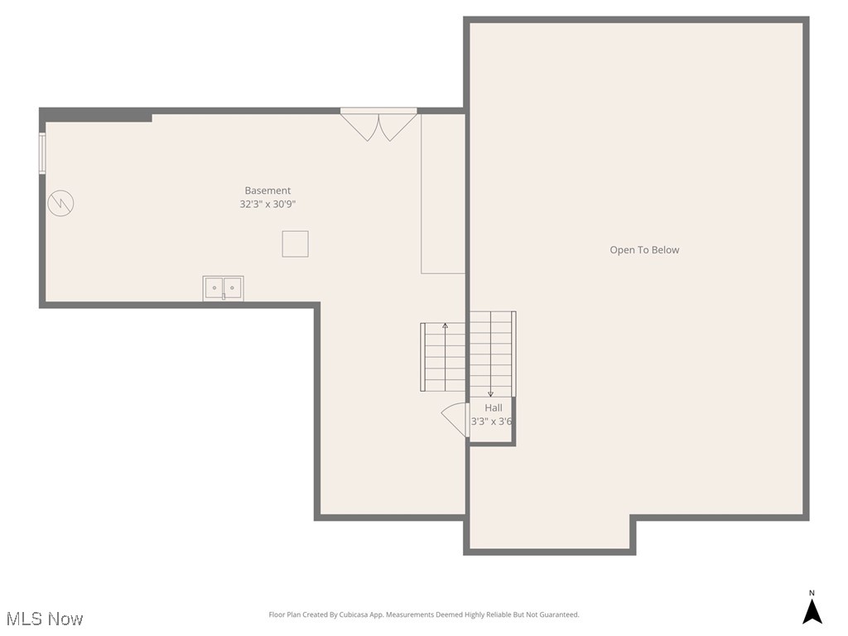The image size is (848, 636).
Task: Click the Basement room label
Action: tap(267, 190)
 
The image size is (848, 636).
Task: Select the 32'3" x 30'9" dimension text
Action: tap(267, 204)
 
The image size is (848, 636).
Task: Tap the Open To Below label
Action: tap(644, 250)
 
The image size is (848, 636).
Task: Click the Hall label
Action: tap(494, 408)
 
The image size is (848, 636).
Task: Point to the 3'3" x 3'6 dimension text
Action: tap(492, 422)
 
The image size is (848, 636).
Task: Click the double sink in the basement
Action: tap(224, 288)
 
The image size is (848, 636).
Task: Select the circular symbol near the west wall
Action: tap(60, 203)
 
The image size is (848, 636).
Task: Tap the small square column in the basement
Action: tap(296, 244)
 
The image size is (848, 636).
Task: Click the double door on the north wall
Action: tap(379, 124)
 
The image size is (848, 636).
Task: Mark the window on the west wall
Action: tap(42, 154)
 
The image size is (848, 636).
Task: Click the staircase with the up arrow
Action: tap(445, 357)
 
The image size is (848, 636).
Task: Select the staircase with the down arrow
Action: tap(491, 354)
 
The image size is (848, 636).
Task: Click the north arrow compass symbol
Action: tap(812, 611)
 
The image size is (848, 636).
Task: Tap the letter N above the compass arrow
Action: tap(812, 593)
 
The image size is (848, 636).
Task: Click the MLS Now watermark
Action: tap(45, 619)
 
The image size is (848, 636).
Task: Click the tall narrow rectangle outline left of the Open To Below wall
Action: tap(443, 194)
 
